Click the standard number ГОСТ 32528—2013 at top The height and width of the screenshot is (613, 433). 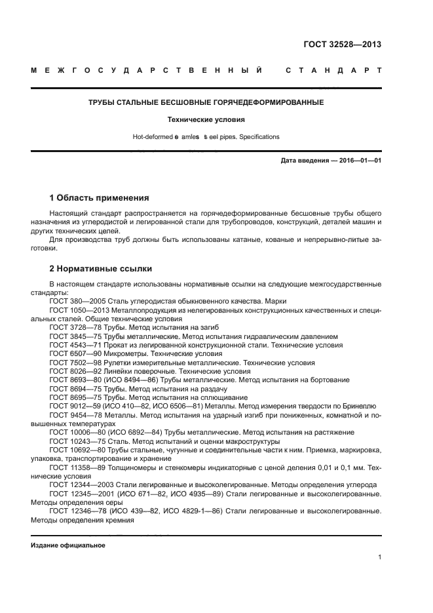342,45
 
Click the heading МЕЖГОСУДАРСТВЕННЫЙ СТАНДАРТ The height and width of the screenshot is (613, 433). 206,70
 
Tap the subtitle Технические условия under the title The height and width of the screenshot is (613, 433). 206,120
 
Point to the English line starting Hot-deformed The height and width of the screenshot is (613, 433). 206,137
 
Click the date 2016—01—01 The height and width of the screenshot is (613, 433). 358,161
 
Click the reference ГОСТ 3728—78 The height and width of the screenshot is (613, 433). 74,326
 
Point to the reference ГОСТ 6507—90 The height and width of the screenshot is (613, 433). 74,353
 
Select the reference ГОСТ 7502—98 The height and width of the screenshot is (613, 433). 74,363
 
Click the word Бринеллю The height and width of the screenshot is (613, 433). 359,406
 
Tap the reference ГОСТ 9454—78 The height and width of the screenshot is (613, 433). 74,415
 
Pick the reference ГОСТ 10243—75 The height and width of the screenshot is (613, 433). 76,441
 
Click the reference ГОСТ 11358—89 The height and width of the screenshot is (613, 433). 76,468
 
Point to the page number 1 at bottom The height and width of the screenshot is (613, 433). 379,557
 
